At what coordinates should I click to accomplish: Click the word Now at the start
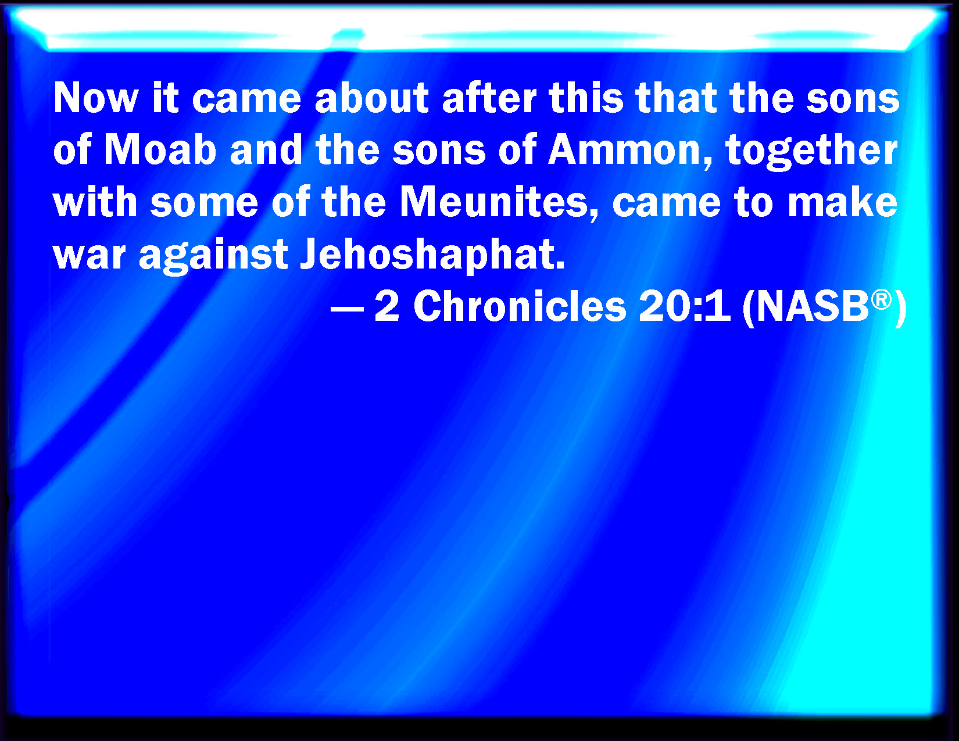(96, 98)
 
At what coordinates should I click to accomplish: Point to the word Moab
(160, 149)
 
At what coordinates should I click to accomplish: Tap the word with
(95, 202)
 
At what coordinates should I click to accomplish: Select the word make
(843, 202)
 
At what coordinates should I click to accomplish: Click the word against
(214, 256)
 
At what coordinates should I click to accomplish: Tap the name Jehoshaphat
(432, 256)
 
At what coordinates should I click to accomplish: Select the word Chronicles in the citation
(520, 307)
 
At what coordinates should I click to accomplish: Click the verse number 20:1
(685, 307)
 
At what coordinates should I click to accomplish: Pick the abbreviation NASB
(813, 307)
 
